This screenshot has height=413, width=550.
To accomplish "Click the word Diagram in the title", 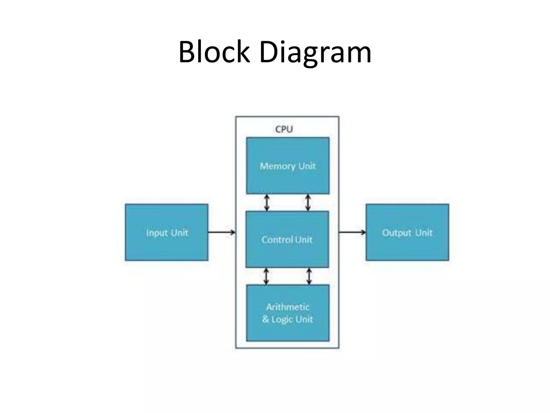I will (315, 53).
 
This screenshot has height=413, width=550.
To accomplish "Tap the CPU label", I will (284, 129).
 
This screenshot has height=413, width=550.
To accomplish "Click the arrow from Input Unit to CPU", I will (222, 232).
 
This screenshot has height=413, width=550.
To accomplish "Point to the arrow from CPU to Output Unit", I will (352, 232).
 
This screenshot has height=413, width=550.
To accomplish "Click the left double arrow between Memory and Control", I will (266, 203).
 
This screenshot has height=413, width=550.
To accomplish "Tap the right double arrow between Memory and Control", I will (308, 203).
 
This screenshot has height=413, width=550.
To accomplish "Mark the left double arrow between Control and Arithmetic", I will (266, 276).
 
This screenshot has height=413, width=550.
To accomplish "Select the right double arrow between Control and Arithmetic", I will (309, 276).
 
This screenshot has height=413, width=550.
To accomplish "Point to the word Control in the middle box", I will (277, 239).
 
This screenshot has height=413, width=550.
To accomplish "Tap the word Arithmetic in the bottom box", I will (288, 307).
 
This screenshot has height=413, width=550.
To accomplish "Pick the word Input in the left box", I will (157, 233).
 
